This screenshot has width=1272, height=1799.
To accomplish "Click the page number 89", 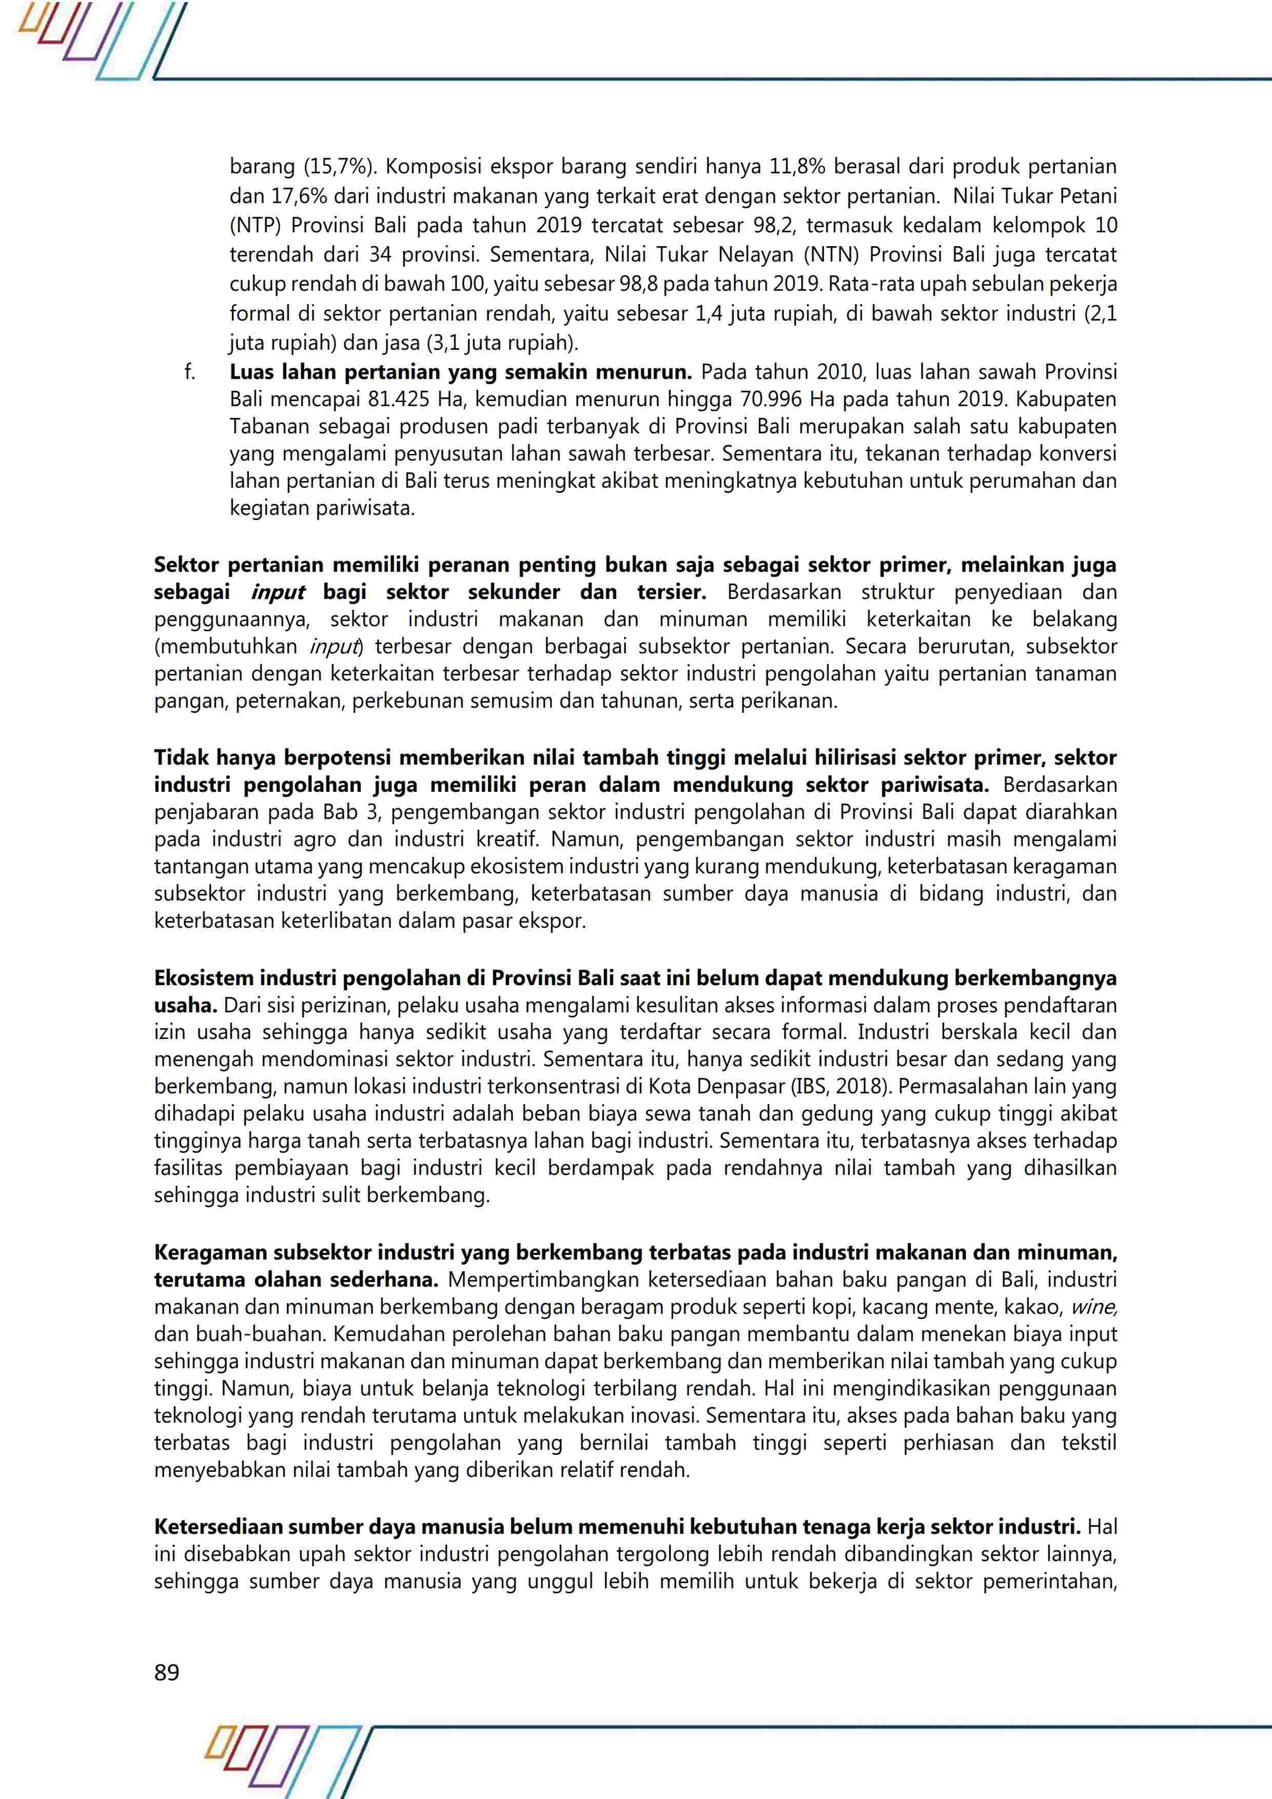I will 167,1672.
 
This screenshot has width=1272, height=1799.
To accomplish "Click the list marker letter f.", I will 190,372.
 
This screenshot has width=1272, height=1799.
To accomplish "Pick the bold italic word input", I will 278,592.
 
